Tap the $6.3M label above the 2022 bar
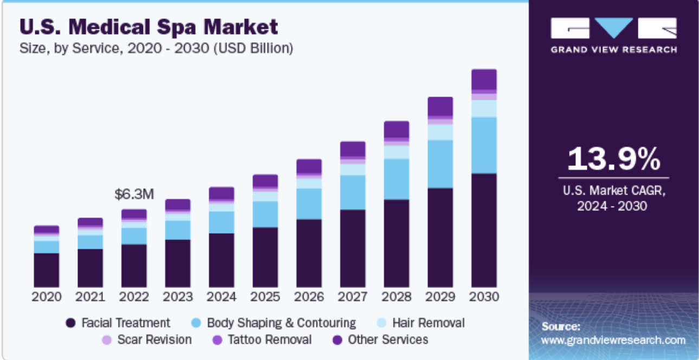click(x=134, y=195)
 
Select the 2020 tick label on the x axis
click(x=46, y=297)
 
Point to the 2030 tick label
click(x=484, y=297)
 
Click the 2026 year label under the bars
click(x=309, y=297)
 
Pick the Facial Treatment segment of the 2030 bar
click(x=484, y=230)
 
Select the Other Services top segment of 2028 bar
click(x=397, y=129)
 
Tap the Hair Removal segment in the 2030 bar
click(x=484, y=108)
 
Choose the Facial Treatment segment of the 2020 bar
click(x=46, y=270)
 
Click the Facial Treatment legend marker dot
click(x=70, y=324)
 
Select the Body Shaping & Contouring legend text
click(x=281, y=323)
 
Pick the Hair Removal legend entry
click(x=428, y=323)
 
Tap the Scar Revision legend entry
click(x=154, y=340)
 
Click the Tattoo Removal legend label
click(x=269, y=340)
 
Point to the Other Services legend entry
click(x=387, y=340)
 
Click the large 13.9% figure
click(x=613, y=159)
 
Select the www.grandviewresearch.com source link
click(x=613, y=340)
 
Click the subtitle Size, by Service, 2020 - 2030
click(x=156, y=48)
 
